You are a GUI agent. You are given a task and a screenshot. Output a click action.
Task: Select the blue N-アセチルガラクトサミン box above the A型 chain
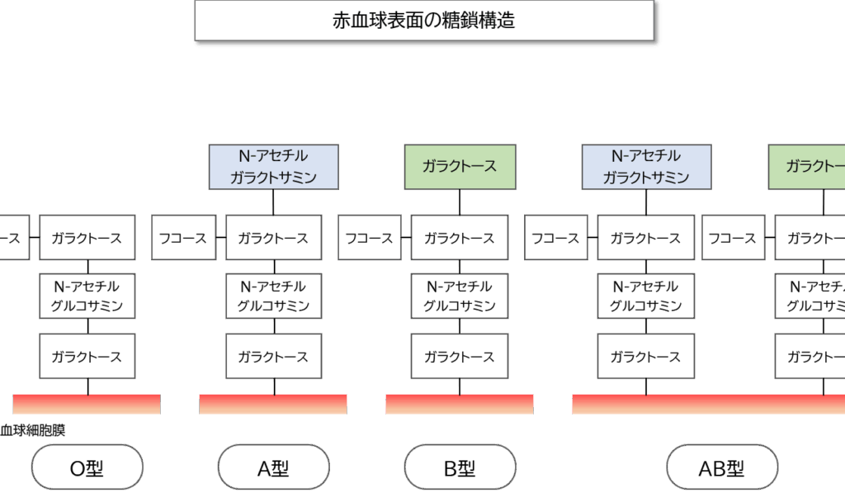274,166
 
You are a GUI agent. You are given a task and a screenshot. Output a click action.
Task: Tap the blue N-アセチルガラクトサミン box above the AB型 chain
646,166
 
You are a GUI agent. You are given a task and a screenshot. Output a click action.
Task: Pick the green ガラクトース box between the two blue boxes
460,166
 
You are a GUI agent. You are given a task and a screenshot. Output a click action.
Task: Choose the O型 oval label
87,468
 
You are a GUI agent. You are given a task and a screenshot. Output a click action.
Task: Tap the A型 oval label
274,468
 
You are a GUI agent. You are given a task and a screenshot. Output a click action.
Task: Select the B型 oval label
460,468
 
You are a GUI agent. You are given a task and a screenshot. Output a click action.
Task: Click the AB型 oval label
722,468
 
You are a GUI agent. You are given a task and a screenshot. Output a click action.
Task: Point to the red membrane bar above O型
87,404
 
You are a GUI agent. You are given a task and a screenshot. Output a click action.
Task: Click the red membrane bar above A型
273,404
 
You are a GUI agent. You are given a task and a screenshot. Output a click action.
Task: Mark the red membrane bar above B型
460,404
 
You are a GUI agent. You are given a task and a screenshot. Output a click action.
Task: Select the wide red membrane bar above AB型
708,404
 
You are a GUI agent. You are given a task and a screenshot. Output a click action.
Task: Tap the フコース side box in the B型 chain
368,238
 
